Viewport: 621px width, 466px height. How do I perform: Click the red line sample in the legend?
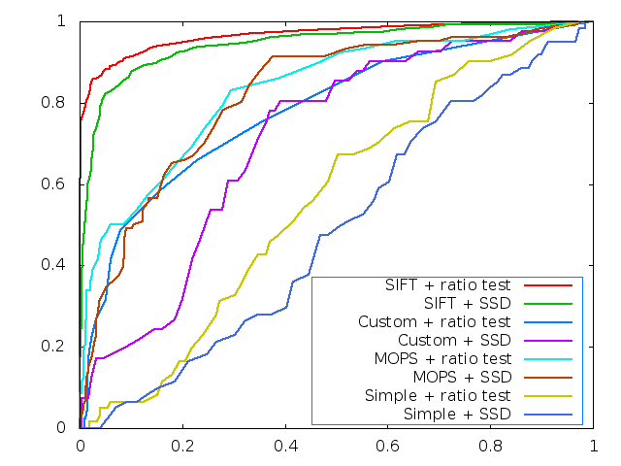(x=547, y=285)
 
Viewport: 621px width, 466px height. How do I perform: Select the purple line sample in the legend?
(x=547, y=341)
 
